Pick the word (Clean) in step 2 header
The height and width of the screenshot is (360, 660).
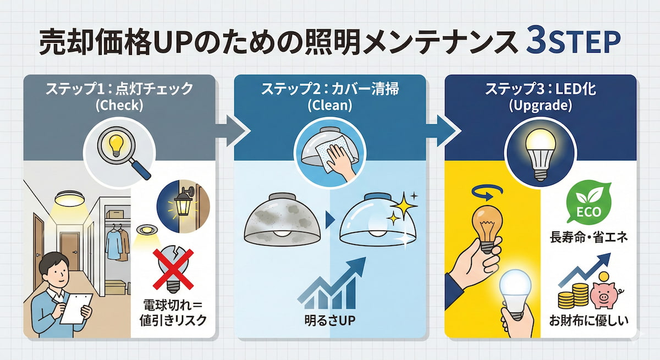[x=329, y=106]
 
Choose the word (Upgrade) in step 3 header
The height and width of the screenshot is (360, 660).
[x=540, y=106]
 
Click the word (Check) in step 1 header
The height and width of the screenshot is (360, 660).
[x=119, y=106]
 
